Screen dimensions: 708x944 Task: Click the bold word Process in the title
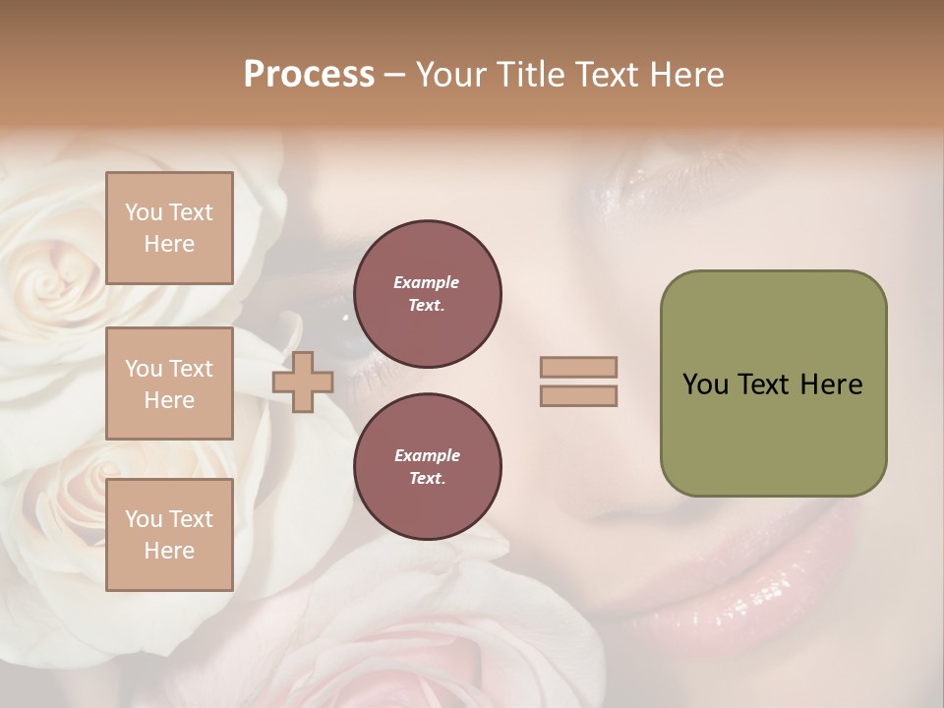point(309,75)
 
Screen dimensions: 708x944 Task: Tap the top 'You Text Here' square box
point(169,228)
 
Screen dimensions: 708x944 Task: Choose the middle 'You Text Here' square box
point(169,383)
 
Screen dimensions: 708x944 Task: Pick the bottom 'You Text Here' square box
point(169,535)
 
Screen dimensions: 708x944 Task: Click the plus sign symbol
point(302,382)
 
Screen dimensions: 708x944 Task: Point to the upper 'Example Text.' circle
point(427,294)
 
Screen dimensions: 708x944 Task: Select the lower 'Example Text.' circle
point(427,467)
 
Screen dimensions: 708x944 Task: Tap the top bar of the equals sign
point(579,367)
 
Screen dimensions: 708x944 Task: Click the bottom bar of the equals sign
point(579,396)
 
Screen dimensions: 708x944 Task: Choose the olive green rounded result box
point(773,383)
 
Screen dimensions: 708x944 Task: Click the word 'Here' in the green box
point(831,384)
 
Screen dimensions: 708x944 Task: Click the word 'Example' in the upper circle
point(427,283)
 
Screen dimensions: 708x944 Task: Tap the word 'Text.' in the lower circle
point(427,479)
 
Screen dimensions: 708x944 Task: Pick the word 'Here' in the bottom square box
point(169,551)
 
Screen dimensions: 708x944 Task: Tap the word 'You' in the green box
point(704,384)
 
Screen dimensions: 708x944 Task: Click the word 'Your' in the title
point(450,75)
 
